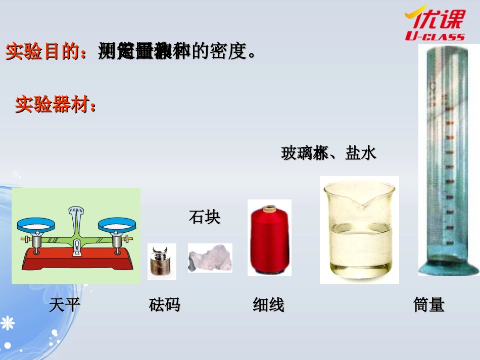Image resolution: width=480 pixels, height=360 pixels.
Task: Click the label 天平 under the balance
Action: (65, 305)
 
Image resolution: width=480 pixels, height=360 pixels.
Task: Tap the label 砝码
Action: (165, 305)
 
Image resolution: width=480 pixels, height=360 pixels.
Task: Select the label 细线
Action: (268, 305)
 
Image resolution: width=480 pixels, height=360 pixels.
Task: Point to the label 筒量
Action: (428, 305)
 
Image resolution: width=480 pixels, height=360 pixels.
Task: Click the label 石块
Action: (205, 218)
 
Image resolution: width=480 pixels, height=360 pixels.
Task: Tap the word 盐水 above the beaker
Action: (361, 153)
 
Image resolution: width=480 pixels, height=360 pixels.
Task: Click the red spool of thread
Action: (269, 238)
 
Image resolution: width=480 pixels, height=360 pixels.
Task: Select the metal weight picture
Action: (162, 262)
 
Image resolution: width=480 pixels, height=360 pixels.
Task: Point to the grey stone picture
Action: (210, 258)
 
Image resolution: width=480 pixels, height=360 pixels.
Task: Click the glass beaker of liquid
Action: (359, 230)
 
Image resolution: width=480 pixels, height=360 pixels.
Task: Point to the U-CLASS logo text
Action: (435, 36)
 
